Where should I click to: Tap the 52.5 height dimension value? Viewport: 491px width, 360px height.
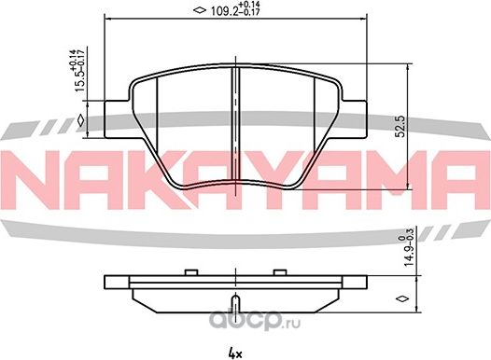click(400, 126)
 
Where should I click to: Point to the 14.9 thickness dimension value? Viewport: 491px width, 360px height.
click(409, 255)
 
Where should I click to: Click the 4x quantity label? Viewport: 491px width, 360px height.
click(235, 354)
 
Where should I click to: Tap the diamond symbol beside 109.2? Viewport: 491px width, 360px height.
click(200, 10)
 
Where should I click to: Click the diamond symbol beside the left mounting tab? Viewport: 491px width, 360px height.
click(81, 120)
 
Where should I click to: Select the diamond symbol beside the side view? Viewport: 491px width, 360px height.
click(402, 298)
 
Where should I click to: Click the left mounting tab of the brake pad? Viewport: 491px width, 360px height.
click(117, 119)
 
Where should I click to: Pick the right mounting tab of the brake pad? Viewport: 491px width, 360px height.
click(354, 119)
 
